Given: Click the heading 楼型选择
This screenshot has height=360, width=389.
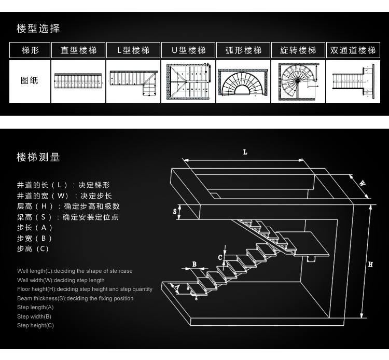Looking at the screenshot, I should [38, 29].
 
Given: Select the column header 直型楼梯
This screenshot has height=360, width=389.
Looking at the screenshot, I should [78, 50].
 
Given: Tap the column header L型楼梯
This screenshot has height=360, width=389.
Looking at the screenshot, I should [133, 50].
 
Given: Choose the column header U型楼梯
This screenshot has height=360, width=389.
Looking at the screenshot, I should [188, 50].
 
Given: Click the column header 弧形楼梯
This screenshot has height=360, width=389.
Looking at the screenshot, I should [243, 50].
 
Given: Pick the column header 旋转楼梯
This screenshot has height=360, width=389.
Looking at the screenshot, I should [298, 50].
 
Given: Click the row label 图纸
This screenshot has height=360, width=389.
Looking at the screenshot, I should [30, 81].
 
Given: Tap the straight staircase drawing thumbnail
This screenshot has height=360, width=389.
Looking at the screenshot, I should [78, 81].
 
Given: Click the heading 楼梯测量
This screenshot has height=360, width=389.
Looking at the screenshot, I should [38, 157].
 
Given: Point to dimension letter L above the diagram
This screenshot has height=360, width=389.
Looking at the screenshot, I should [245, 153].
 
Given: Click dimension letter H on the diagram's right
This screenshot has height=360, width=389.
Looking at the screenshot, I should [370, 264].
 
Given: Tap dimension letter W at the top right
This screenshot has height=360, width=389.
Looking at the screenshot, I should [363, 183].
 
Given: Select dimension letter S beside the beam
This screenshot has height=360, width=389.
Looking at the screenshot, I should [174, 212].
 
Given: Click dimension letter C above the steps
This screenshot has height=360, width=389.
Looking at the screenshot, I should [220, 257].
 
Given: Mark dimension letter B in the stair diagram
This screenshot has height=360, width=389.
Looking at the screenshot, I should [195, 264].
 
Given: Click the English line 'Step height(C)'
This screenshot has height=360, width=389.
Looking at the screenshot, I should [35, 326].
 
